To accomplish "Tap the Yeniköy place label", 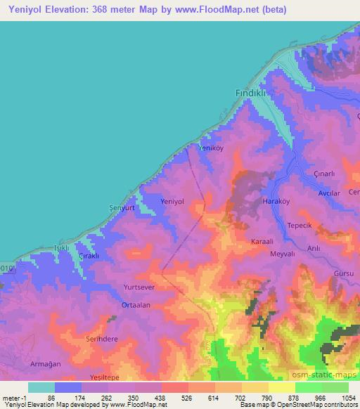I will (211, 148).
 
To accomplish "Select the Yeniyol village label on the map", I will (172, 201).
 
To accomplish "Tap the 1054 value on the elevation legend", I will (348, 398).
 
